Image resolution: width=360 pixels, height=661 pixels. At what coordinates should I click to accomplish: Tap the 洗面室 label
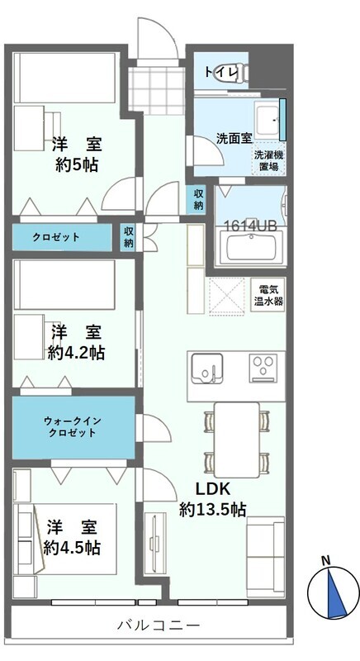coord(234,138)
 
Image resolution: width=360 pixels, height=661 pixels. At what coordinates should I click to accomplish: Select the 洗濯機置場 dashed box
coord(266,160)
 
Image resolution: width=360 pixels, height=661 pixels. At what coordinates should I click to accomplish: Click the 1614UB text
coord(249,225)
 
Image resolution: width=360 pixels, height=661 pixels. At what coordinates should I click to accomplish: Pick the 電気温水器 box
coord(268,295)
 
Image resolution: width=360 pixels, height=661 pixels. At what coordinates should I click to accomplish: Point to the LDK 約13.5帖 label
coord(212,498)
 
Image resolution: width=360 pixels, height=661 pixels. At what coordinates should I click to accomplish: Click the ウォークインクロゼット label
coord(73,427)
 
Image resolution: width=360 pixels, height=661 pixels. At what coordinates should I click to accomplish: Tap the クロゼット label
coord(58,237)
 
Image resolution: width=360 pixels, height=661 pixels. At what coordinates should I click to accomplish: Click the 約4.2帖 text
coord(76,353)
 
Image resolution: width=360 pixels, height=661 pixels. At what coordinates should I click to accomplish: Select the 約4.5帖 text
coord(73,547)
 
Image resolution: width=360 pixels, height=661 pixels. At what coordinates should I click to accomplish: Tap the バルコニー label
coord(157,625)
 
